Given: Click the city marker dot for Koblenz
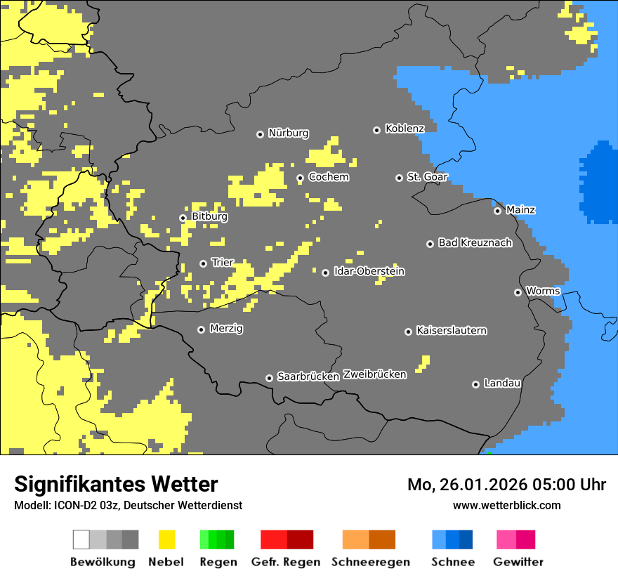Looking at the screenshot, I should point(376,130).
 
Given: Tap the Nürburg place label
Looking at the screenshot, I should point(288,133).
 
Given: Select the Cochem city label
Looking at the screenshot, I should point(329,177).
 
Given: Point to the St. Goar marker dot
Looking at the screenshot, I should point(399,178).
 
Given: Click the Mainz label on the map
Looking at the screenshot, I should point(520,209).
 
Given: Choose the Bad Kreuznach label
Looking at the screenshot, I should point(475,243).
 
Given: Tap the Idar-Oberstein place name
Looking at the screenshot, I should point(369,271).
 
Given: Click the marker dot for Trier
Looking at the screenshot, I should point(203,263).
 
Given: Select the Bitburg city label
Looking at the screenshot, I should point(209,217).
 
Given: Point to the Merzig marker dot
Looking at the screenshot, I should point(201,329).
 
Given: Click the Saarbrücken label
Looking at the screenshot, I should point(308,376).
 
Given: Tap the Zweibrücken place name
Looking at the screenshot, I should point(374,374).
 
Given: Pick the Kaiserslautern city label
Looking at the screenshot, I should point(451,330).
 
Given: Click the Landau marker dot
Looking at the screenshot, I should point(475,384).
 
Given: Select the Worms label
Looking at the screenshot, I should point(543,291).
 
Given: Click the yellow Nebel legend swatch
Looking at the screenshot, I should point(166,539).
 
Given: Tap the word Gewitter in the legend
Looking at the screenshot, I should point(518,562).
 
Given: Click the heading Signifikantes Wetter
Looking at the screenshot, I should point(116,485).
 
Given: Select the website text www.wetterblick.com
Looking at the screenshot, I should point(506,505).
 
